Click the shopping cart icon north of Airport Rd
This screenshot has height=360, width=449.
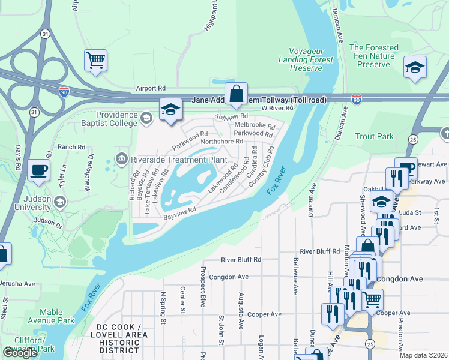click(x=95, y=61)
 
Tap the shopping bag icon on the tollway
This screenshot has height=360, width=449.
click(x=237, y=94)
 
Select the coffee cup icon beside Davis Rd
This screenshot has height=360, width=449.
click(x=39, y=169)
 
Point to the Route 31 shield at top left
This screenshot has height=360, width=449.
click(x=46, y=35)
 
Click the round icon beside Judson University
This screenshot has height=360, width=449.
click(x=59, y=202)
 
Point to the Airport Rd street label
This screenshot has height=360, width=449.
click(x=149, y=88)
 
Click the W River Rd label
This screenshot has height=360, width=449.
click(x=277, y=108)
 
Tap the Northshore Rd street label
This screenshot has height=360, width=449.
click(x=221, y=142)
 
